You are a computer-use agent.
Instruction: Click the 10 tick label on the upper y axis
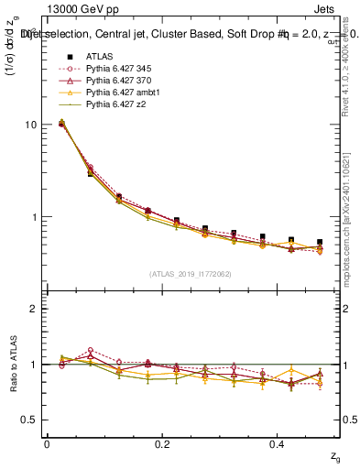(x=30, y=125)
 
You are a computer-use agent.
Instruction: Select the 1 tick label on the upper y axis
(x=34, y=218)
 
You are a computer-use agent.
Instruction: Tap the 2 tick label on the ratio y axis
(x=34, y=309)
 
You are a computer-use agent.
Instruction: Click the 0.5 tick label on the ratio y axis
(x=29, y=420)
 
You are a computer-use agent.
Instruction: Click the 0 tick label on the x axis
(x=47, y=443)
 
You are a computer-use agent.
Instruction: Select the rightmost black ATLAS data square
(x=319, y=243)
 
